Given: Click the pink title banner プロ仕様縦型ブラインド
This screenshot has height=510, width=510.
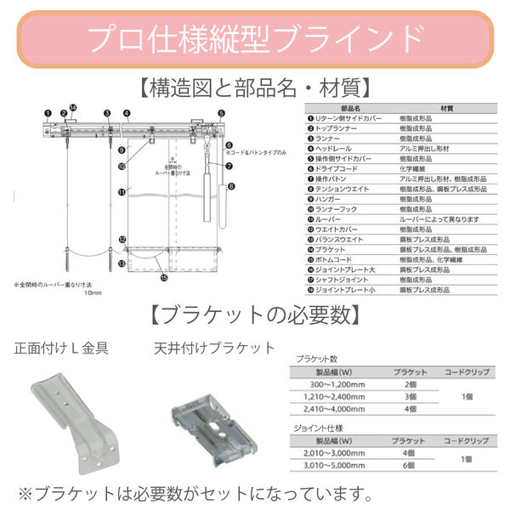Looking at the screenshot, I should pyautogui.click(x=255, y=37).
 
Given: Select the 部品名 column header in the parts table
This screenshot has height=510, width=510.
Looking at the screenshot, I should pyautogui.click(x=351, y=109).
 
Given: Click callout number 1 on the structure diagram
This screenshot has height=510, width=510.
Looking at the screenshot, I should pyautogui.click(x=48, y=112).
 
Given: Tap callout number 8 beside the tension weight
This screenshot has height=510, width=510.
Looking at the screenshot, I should pyautogui.click(x=230, y=184).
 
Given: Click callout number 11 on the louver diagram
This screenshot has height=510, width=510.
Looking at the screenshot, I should pyautogui.click(x=122, y=192).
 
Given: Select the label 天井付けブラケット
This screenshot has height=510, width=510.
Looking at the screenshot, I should pyautogui.click(x=214, y=348).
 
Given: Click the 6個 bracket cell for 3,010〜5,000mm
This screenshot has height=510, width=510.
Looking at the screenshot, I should pyautogui.click(x=409, y=466).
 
